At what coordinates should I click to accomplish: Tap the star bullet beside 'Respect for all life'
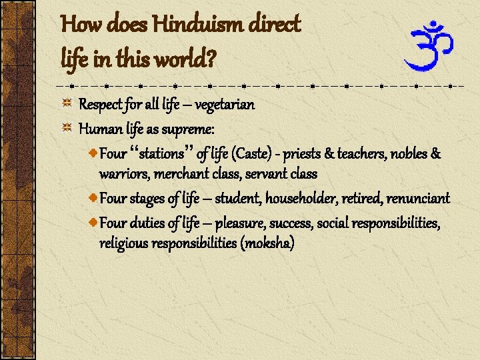67,105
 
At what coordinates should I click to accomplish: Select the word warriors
124,173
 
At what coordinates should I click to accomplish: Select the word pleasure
242,223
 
